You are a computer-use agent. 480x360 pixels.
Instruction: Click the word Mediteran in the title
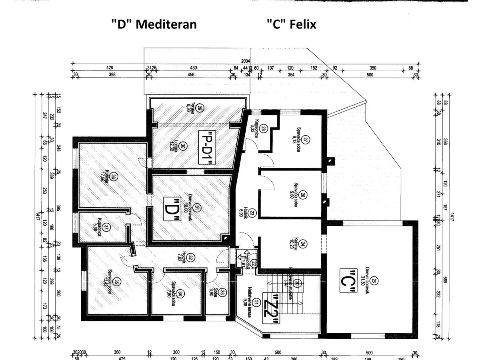[166, 24]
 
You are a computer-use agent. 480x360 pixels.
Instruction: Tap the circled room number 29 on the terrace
[200, 107]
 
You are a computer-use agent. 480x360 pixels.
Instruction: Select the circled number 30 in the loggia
[182, 146]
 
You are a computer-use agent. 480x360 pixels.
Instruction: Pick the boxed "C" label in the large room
[347, 282]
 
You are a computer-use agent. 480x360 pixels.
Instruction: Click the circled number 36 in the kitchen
[114, 177]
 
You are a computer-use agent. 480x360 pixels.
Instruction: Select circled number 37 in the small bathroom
[106, 227]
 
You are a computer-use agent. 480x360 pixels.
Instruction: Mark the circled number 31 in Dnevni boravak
[197, 207]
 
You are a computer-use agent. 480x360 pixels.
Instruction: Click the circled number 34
[180, 294]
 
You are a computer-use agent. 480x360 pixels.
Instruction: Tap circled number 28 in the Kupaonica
[263, 128]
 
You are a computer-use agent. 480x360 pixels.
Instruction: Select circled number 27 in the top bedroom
[306, 140]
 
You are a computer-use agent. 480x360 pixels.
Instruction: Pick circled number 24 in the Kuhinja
[303, 243]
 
